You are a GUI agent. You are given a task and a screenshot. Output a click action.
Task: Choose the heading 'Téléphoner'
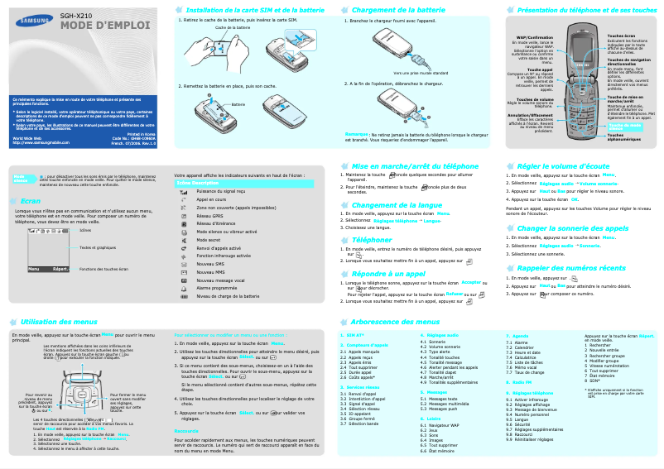[372, 240]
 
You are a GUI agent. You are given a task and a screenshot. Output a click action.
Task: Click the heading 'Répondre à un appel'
[388, 272]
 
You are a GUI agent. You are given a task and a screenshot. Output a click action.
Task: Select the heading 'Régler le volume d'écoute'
[563, 166]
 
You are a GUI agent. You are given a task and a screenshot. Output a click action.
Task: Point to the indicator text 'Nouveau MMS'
[212, 272]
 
